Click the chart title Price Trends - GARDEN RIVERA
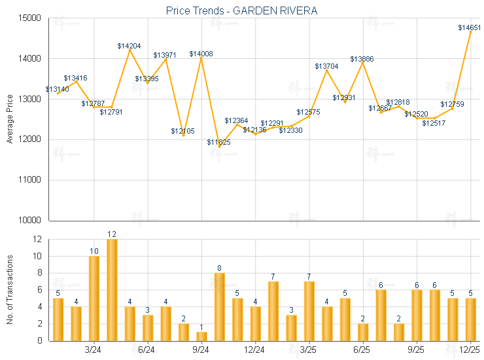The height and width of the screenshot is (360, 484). tap(241, 10)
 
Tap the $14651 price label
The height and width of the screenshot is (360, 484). tap(470, 27)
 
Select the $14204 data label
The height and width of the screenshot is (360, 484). tap(129, 46)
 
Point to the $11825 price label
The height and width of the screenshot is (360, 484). tap(218, 142)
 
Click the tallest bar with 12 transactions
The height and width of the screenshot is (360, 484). tap(112, 289)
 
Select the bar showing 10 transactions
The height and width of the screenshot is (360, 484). tap(94, 298)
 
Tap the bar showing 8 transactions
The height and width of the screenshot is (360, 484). tap(220, 306)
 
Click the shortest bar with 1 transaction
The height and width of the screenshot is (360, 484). tap(201, 336)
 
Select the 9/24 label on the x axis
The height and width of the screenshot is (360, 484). tap(201, 350)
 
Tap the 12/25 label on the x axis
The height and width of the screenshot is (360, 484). tap(470, 350)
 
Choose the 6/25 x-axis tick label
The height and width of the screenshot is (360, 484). tap(362, 350)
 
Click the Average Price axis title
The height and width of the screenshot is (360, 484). tap(9, 118)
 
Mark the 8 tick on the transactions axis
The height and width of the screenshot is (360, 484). tap(37, 273)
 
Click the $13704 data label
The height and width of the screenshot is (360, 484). tap(326, 66)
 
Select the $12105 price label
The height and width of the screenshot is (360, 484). tap(182, 131)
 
